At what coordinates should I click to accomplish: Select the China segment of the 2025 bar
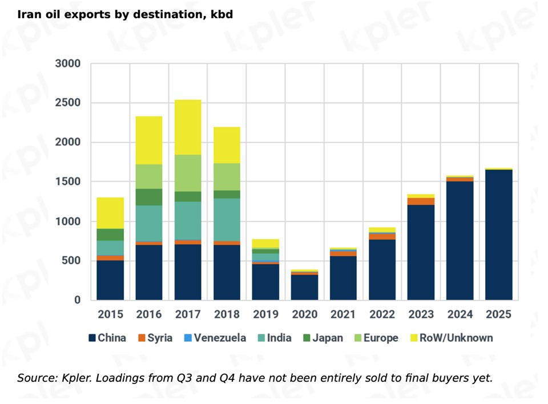click(x=498, y=234)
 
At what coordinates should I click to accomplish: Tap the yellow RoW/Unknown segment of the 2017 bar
click(x=188, y=127)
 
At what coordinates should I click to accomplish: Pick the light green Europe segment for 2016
click(x=149, y=176)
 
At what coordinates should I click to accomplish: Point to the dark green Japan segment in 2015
click(x=110, y=235)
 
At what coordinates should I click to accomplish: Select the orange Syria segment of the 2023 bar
click(x=421, y=201)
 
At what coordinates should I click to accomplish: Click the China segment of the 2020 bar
click(x=305, y=287)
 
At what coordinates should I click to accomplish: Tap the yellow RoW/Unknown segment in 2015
click(x=110, y=213)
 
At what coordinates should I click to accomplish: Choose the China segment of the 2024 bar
click(x=460, y=240)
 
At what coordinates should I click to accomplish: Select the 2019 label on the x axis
click(x=265, y=314)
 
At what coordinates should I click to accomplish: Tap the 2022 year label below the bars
click(x=382, y=314)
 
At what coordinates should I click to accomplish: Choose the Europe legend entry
click(x=374, y=338)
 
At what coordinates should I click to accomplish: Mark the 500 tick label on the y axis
click(x=71, y=261)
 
